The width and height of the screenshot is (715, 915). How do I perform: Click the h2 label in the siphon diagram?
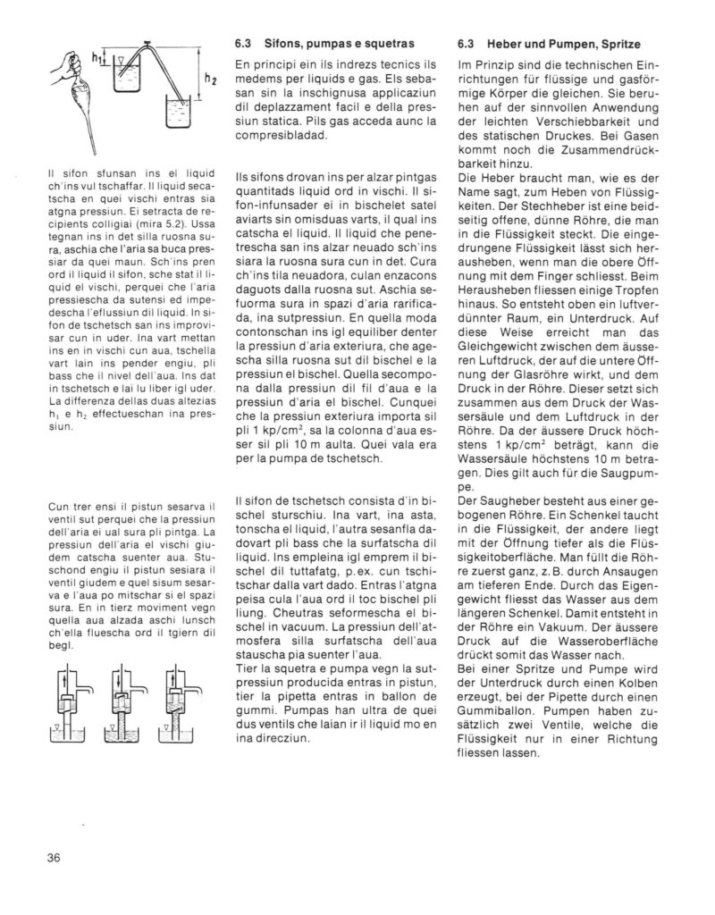pos(210,80)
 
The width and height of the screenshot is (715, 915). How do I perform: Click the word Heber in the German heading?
pos(500,43)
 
